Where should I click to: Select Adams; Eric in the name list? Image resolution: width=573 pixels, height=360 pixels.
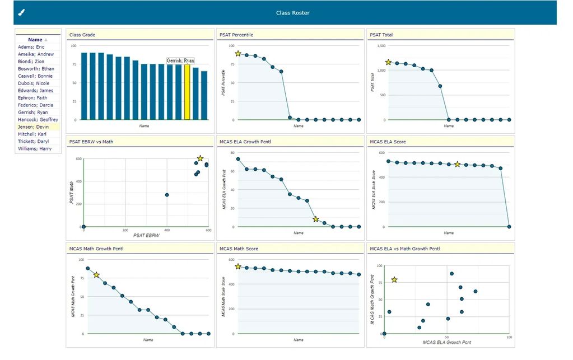(x=31, y=47)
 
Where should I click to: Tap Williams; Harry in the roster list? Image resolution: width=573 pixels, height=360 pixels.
(x=34, y=149)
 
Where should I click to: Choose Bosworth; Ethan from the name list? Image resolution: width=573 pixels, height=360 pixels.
(x=36, y=69)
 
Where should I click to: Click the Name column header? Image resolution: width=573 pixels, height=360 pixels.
(x=35, y=40)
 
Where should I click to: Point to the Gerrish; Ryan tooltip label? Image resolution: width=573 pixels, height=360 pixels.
(x=180, y=60)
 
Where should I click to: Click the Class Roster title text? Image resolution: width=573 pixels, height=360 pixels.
(x=292, y=13)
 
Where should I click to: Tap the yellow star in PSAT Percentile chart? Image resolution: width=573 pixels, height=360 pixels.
(x=238, y=54)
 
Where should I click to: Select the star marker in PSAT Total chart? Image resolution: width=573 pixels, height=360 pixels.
(x=388, y=62)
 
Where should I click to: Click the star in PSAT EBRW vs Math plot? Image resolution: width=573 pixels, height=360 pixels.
(x=200, y=158)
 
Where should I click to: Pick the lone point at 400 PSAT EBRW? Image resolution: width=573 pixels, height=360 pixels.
(x=167, y=195)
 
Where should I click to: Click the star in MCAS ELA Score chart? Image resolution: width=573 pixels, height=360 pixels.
(x=457, y=164)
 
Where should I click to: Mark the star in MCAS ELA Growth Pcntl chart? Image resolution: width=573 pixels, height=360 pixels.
(x=316, y=219)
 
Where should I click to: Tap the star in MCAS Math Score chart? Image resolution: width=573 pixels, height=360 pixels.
(x=238, y=267)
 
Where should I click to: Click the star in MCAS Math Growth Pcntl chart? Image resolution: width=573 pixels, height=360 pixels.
(x=96, y=275)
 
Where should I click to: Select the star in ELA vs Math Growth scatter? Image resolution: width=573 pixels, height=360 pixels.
(x=394, y=279)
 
